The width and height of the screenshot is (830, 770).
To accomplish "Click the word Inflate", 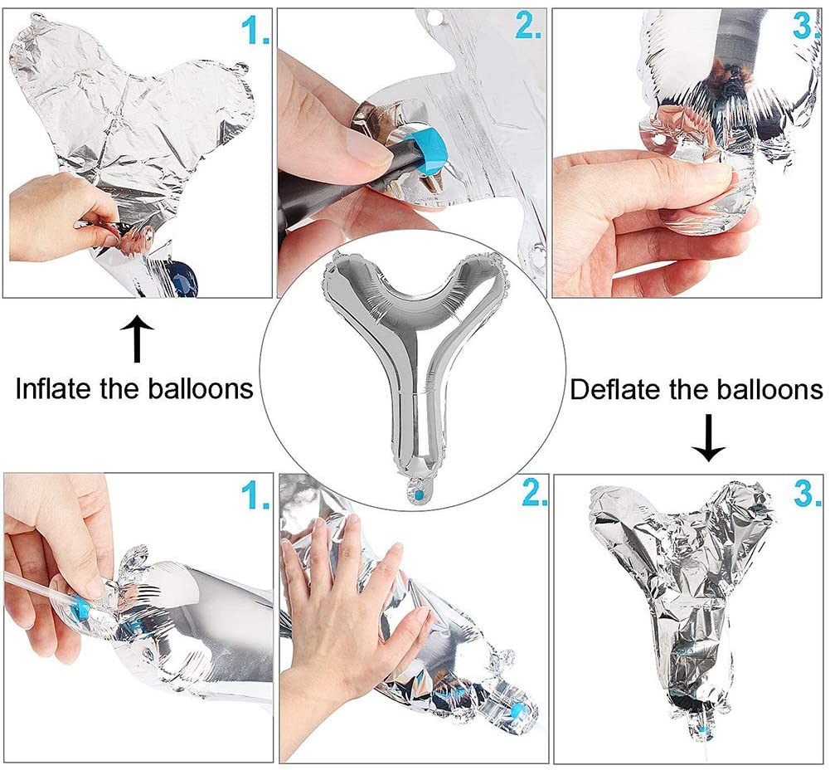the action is coord(54,388).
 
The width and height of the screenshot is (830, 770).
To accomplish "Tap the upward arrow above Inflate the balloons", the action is coord(137,339).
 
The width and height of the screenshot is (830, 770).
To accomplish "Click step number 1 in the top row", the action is coord(255,30).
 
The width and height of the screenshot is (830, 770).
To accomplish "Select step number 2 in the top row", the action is coord(527,26).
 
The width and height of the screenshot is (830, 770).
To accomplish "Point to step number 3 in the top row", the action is coord(806,26).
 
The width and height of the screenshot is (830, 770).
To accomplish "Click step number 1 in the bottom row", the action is coord(255,495).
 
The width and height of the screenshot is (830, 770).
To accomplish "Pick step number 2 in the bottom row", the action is coord(534,492).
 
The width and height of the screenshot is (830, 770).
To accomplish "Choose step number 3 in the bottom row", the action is coord(808,494).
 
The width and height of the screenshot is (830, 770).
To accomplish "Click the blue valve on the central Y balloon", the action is coord(420,495).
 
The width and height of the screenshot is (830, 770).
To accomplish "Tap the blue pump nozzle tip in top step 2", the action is coord(430,152).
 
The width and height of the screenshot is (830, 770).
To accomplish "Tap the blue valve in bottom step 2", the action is coord(520,709).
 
